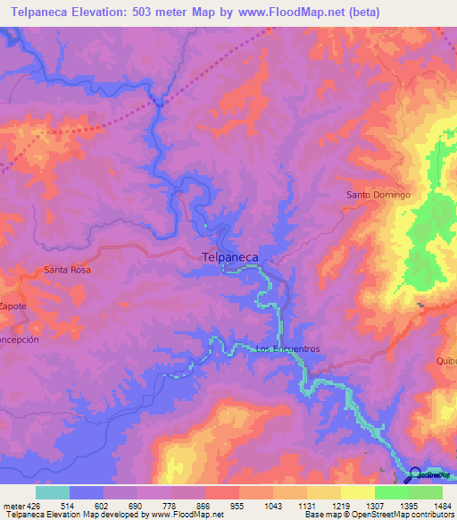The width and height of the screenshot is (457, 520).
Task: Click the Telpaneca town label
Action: coord(230,257)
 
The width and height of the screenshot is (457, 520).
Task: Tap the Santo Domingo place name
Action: coord(378,195)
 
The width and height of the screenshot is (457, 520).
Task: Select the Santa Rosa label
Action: coord(68,269)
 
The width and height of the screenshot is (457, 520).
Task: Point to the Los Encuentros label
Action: coord(287,348)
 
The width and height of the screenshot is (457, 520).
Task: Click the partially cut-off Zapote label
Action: coord(13,306)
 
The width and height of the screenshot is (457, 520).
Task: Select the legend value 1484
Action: coord(442,506)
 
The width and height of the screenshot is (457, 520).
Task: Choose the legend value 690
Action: coord(134,506)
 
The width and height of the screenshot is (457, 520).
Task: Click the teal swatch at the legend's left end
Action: coord(53,492)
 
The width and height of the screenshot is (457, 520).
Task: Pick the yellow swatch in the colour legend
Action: coord(357,492)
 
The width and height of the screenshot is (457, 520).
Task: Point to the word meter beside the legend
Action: coord(12,506)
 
